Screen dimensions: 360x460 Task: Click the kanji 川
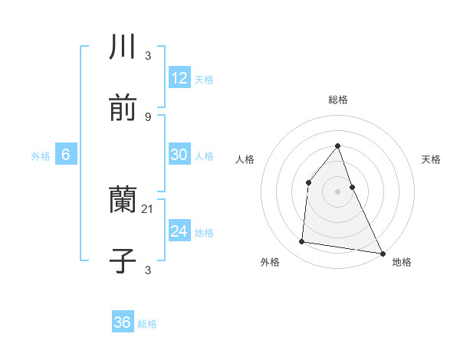[123, 47]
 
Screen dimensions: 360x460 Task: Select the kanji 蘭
[123, 201]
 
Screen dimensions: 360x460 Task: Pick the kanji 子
[123, 260]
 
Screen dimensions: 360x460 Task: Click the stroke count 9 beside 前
[148, 116]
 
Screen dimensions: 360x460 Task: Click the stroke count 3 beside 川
[148, 56]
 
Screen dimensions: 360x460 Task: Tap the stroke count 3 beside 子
[148, 270]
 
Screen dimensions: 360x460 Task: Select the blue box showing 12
[179, 78]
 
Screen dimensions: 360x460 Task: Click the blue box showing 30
[179, 155]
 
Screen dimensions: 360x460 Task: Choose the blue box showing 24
[179, 231]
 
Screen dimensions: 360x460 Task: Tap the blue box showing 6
[66, 155]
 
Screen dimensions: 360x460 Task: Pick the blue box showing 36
[123, 322]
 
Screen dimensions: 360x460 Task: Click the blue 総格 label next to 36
[147, 324]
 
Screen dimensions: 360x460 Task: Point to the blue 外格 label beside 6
[41, 156]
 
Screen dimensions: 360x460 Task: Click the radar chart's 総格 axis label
[337, 100]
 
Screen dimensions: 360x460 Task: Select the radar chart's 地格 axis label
[402, 262]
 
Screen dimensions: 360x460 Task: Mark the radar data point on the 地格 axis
[382, 253]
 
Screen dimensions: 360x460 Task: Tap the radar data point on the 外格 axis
[302, 242]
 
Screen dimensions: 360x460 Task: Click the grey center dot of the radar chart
[337, 191]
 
